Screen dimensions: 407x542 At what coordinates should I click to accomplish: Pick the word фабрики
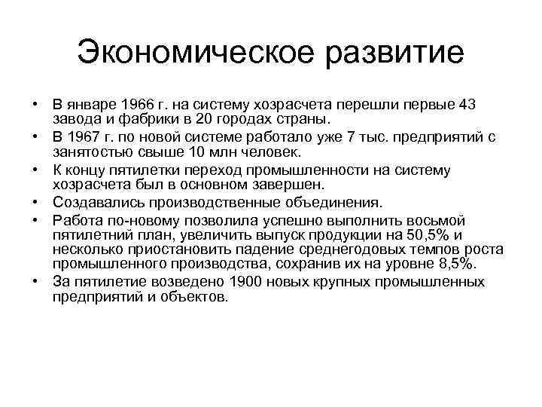(x=132, y=119)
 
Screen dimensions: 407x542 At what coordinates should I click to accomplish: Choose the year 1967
(x=83, y=136)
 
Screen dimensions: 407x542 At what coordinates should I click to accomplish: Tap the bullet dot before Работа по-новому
(x=36, y=219)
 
